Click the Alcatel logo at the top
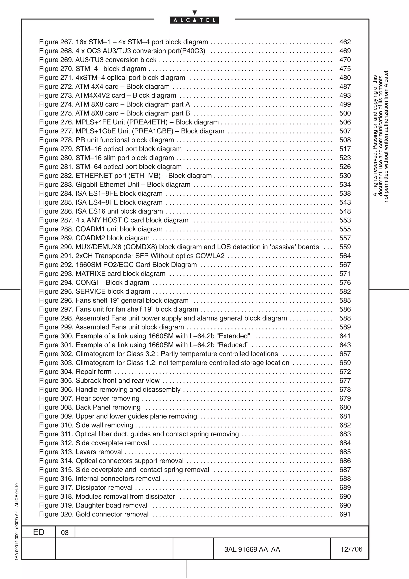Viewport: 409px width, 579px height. pyautogui.click(x=194, y=20)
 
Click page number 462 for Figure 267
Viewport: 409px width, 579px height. pyautogui.click(x=345, y=42)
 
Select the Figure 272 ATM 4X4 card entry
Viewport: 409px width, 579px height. pyautogui.click(x=104, y=87)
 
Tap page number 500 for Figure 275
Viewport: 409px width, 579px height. pyautogui.click(x=345, y=113)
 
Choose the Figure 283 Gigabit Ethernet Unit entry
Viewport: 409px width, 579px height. pyautogui.click(x=115, y=185)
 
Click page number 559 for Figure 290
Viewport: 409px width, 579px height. pyautogui.click(x=345, y=247)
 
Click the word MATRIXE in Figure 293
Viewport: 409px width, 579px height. pyautogui.click(x=89, y=274)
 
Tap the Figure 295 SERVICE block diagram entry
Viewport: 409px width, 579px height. pyautogui.click(x=94, y=291)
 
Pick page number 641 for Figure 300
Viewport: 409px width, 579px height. pyautogui.click(x=345, y=336)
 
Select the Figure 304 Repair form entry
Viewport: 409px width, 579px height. pyautogui.click(x=75, y=372)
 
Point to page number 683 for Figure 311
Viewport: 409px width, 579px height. pyautogui.click(x=345, y=434)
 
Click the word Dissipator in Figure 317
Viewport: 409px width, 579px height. pyautogui.click(x=92, y=487)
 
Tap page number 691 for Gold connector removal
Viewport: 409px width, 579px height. pyautogui.click(x=345, y=514)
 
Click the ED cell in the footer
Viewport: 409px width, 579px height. pyautogui.click(x=39, y=532)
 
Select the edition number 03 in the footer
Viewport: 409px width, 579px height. pyautogui.click(x=65, y=533)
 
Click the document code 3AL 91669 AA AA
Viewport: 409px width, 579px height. pyautogui.click(x=252, y=549)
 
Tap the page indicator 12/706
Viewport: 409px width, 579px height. pyautogui.click(x=351, y=549)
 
